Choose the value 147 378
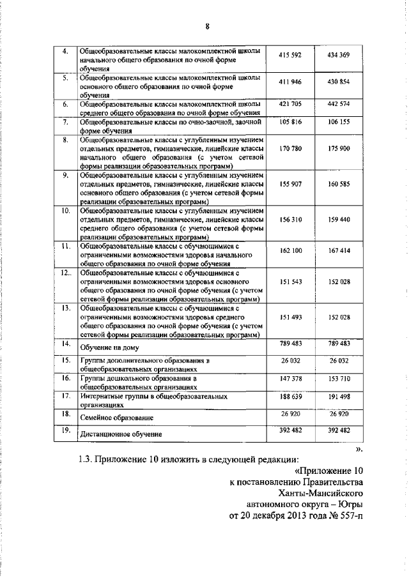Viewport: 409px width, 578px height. [x=290, y=379]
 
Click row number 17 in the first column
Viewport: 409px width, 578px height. [x=65, y=396]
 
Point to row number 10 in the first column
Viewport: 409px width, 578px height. [x=65, y=209]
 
